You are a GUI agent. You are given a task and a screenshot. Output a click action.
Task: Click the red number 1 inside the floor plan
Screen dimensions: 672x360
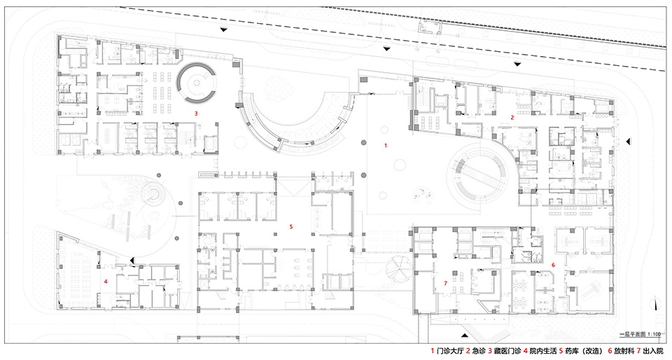pyautogui.click(x=386, y=146)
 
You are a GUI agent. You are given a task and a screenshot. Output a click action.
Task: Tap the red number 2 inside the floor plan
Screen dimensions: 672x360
pyautogui.click(x=512, y=117)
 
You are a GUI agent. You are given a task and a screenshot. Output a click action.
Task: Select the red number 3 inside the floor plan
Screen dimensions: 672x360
pyautogui.click(x=196, y=113)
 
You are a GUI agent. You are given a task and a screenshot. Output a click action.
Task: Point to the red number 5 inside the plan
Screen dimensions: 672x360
pyautogui.click(x=291, y=226)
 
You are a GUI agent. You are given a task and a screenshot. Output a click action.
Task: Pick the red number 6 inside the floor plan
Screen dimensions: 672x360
pyautogui.click(x=553, y=265)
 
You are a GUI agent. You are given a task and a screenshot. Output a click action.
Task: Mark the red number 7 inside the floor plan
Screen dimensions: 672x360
pyautogui.click(x=446, y=283)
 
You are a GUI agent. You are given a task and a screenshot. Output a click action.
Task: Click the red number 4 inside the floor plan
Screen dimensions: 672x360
pyautogui.click(x=105, y=282)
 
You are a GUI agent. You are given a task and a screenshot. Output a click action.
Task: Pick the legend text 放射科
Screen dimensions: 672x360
pyautogui.click(x=624, y=351)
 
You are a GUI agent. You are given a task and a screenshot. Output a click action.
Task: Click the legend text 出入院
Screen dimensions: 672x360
pyautogui.click(x=652, y=351)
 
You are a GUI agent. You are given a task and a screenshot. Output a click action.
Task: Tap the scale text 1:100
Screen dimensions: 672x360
pyautogui.click(x=654, y=334)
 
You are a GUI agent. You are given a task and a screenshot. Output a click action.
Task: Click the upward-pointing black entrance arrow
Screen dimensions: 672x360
pyautogui.click(x=465, y=334)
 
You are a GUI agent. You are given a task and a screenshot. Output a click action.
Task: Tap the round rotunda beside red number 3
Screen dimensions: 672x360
pyautogui.click(x=196, y=82)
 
